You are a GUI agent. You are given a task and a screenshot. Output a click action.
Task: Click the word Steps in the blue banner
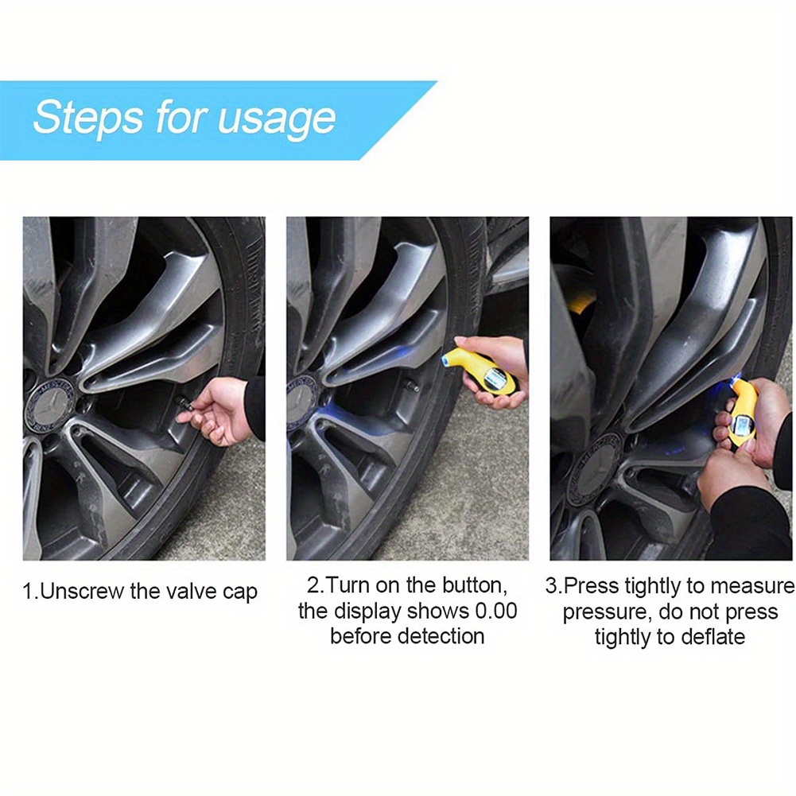[x=87, y=118]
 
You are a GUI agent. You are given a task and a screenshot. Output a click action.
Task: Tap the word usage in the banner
[x=277, y=121]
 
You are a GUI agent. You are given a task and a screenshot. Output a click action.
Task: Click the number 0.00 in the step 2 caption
[x=495, y=611]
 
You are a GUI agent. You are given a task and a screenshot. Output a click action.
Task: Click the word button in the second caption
[x=474, y=586]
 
